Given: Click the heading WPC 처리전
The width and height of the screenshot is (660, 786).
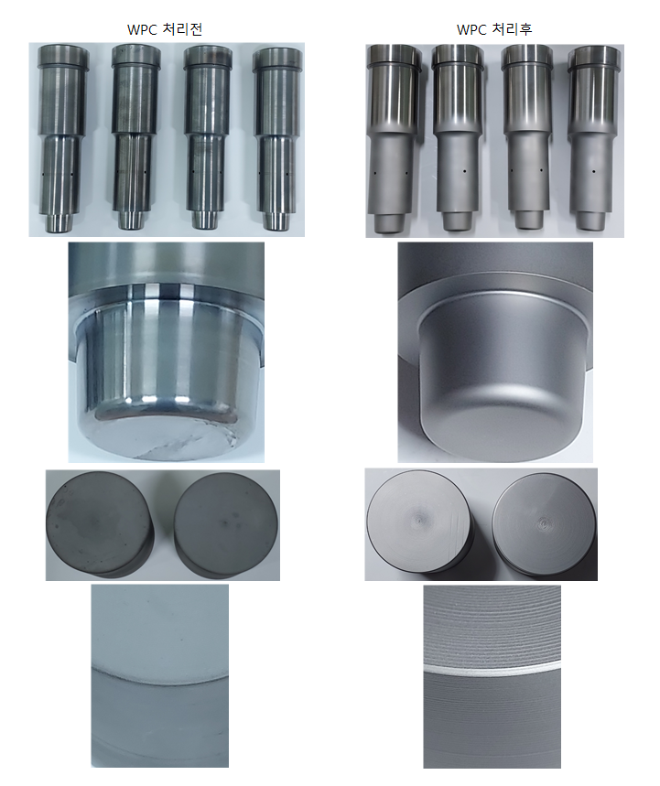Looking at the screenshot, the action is click(x=165, y=29).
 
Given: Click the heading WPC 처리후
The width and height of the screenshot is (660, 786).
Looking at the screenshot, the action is click(x=494, y=29).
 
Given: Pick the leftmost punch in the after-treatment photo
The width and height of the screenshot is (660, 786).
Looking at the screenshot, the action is click(x=391, y=139).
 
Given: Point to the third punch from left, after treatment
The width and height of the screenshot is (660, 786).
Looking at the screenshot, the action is click(x=526, y=138).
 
